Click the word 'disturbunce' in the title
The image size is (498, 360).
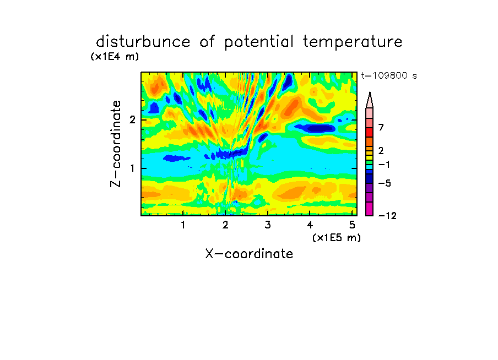(x=143, y=41)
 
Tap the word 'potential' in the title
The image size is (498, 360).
(x=259, y=42)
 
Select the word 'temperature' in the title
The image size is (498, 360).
(x=353, y=42)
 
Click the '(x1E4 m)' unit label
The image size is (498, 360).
(x=115, y=57)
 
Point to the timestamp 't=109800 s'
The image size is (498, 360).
(x=389, y=75)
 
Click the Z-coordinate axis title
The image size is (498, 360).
(x=116, y=144)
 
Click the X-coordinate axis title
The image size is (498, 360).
(x=249, y=254)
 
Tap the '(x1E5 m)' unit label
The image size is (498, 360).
(x=337, y=237)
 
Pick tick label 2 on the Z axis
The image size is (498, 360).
(x=132, y=120)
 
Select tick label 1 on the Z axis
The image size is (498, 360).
(x=132, y=168)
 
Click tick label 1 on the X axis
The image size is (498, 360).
(x=183, y=225)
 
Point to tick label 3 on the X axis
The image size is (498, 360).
(x=268, y=225)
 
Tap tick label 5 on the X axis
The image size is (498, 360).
(x=352, y=225)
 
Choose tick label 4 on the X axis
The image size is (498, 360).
(x=310, y=225)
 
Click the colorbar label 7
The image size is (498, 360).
(x=381, y=128)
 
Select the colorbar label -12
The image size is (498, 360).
(x=387, y=216)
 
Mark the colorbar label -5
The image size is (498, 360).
(x=385, y=183)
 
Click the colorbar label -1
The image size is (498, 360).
(x=384, y=165)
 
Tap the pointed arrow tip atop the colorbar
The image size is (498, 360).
(x=370, y=92)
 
